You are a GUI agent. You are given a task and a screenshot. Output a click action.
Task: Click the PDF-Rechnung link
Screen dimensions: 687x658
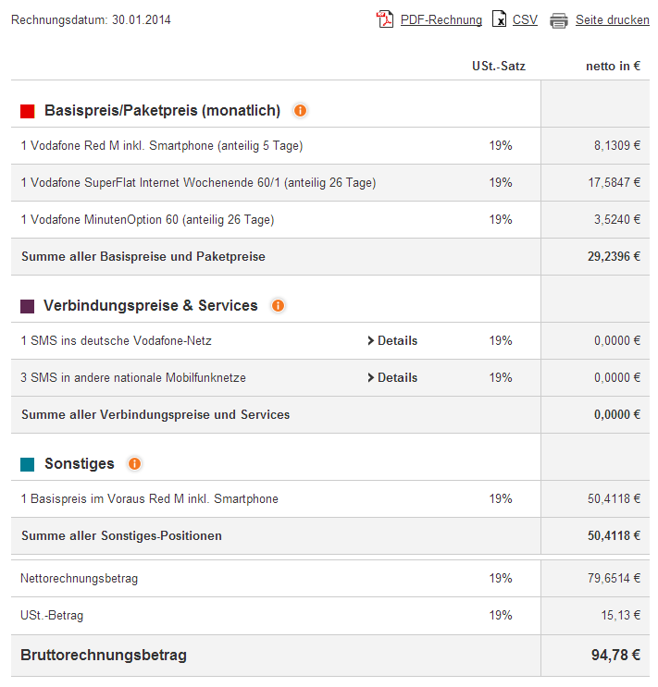(441, 19)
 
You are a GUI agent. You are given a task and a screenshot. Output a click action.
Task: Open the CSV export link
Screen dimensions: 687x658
(525, 19)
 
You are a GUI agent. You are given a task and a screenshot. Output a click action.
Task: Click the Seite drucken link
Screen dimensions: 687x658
(612, 19)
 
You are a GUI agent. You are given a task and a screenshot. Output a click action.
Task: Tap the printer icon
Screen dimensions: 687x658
(559, 20)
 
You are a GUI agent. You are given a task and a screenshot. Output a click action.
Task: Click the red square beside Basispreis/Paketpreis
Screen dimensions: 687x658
(28, 111)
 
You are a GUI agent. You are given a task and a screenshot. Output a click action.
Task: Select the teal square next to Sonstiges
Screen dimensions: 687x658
(28, 464)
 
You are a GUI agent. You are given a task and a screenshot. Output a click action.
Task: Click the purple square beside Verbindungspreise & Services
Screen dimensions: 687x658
(28, 306)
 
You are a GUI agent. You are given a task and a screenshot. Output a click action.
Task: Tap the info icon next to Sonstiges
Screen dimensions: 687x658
(134, 463)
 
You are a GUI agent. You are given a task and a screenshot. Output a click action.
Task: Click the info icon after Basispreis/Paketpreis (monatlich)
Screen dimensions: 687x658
(300, 111)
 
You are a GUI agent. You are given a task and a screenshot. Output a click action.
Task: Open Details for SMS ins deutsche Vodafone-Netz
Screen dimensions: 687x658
(392, 341)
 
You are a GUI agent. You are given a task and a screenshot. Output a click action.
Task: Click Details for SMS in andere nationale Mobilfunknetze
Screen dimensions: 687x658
(392, 378)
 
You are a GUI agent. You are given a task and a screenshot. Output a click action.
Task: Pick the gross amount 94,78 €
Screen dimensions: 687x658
(615, 656)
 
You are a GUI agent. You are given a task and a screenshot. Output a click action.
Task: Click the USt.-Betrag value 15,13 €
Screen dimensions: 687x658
(620, 616)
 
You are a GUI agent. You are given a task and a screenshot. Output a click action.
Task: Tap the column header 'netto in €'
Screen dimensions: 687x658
(613, 66)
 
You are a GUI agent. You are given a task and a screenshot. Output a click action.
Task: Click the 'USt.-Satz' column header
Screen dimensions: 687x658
(498, 66)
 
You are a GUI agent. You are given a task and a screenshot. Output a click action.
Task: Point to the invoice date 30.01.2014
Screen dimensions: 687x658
(142, 19)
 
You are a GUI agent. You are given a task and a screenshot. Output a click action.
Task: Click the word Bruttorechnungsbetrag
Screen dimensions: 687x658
(104, 656)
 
